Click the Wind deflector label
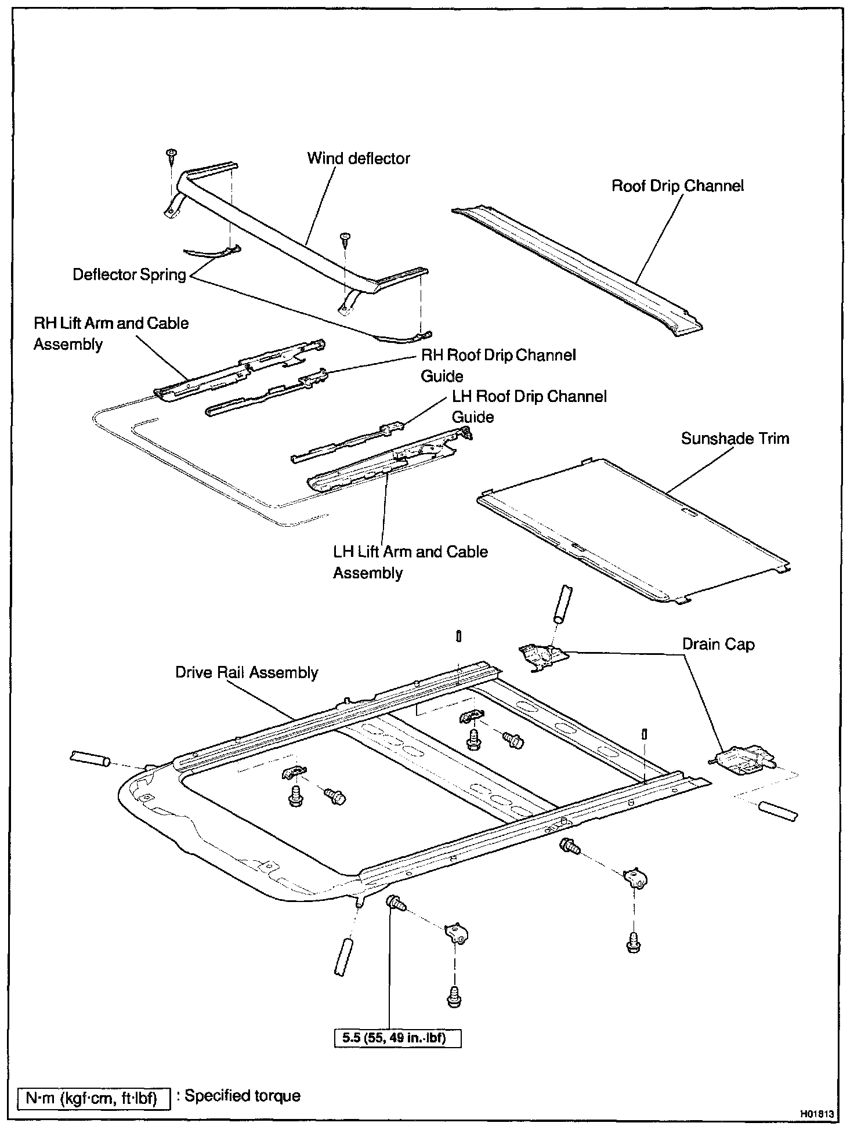click(358, 158)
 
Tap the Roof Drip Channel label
click(678, 186)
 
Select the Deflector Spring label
click(129, 274)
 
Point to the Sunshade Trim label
click(734, 438)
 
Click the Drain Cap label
click(718, 644)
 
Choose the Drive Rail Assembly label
click(247, 672)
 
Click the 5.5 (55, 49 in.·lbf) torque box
click(397, 1037)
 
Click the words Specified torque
click(243, 1096)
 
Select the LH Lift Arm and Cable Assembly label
click(410, 562)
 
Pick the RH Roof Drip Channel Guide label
click(498, 365)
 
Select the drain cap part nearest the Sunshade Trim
click(542, 655)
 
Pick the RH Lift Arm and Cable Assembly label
click(111, 334)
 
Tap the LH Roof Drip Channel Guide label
click(529, 407)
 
